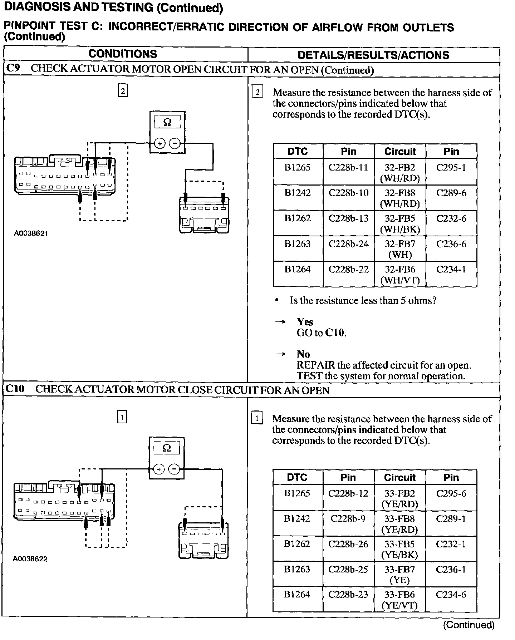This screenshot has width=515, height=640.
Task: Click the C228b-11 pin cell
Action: click(348, 168)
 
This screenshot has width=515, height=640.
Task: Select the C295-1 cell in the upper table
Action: click(451, 168)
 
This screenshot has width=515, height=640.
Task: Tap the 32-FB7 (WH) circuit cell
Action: click(400, 249)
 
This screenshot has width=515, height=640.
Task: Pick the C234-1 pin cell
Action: click(451, 269)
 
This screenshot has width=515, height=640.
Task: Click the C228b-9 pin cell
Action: click(348, 518)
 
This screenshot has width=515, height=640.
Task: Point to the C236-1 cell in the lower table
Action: click(451, 569)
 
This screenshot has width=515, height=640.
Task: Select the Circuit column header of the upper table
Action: click(400, 151)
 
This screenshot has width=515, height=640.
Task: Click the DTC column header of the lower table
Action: click(297, 477)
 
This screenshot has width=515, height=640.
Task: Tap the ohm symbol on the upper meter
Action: click(167, 122)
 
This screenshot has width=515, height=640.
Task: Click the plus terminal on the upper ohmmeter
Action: click(160, 144)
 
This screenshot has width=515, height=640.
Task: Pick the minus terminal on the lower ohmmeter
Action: click(174, 469)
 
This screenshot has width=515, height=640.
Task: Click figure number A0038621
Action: click(31, 233)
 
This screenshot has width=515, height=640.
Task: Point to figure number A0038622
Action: click(30, 559)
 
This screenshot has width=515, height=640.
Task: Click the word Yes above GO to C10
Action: click(305, 322)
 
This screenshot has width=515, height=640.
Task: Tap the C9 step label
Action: click(13, 68)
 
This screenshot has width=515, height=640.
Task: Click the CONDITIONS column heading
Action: click(123, 54)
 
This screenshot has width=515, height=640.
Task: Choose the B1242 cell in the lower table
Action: click(297, 518)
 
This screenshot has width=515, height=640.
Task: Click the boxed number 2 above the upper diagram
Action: click(123, 91)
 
